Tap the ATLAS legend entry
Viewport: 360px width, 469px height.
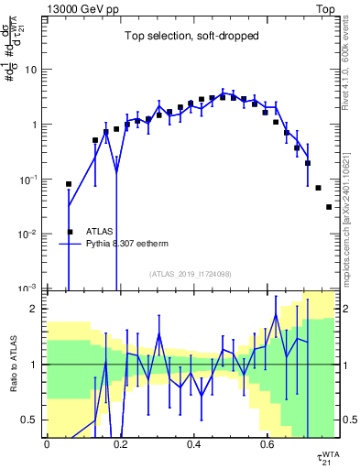click(99, 232)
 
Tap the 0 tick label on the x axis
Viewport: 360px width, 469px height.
click(47, 444)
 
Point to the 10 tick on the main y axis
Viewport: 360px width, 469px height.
click(30, 70)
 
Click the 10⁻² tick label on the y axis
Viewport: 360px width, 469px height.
click(28, 234)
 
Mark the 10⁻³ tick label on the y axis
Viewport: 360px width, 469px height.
click(28, 289)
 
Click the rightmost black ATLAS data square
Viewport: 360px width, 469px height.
click(329, 207)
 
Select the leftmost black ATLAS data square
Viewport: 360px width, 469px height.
click(69, 184)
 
